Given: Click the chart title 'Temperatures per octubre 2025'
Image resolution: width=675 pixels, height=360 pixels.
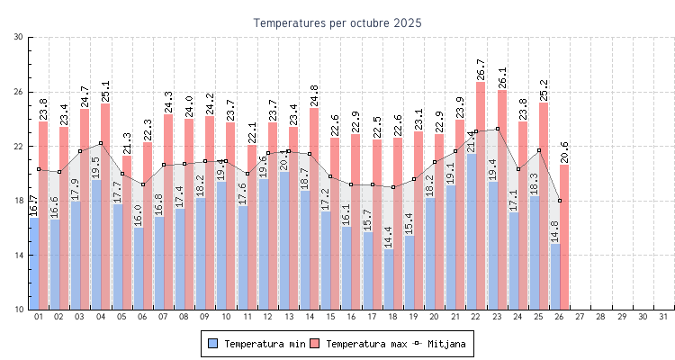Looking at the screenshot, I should [x=337, y=22].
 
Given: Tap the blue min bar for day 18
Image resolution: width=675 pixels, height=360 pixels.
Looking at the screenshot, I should [x=388, y=279].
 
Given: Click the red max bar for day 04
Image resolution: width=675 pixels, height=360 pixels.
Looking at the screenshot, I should [x=105, y=206].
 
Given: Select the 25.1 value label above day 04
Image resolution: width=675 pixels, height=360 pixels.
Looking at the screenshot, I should [x=105, y=91].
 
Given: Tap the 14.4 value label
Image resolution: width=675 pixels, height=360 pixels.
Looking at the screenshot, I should [x=388, y=237].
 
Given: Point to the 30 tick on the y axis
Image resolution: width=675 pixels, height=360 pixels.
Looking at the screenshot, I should [x=19, y=37].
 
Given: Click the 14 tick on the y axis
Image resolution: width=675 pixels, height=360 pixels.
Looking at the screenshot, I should [x=19, y=255].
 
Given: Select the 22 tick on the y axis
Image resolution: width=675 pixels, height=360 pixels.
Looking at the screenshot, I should [x=19, y=146].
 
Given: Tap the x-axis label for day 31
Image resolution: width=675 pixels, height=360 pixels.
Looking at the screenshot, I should [x=663, y=317].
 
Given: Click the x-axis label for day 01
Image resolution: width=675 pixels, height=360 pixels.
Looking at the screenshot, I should [x=38, y=317].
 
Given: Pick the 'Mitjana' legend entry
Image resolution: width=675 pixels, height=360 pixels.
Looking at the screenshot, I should [x=445, y=344].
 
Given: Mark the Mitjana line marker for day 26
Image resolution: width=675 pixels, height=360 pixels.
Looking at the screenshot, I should [x=560, y=201].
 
